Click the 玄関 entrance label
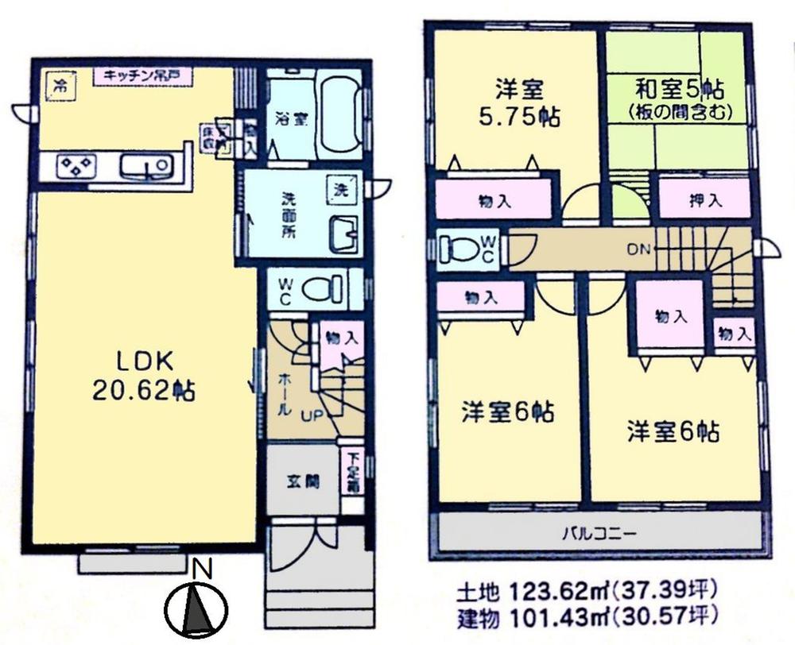[x=304, y=481]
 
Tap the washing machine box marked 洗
[x=340, y=191]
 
